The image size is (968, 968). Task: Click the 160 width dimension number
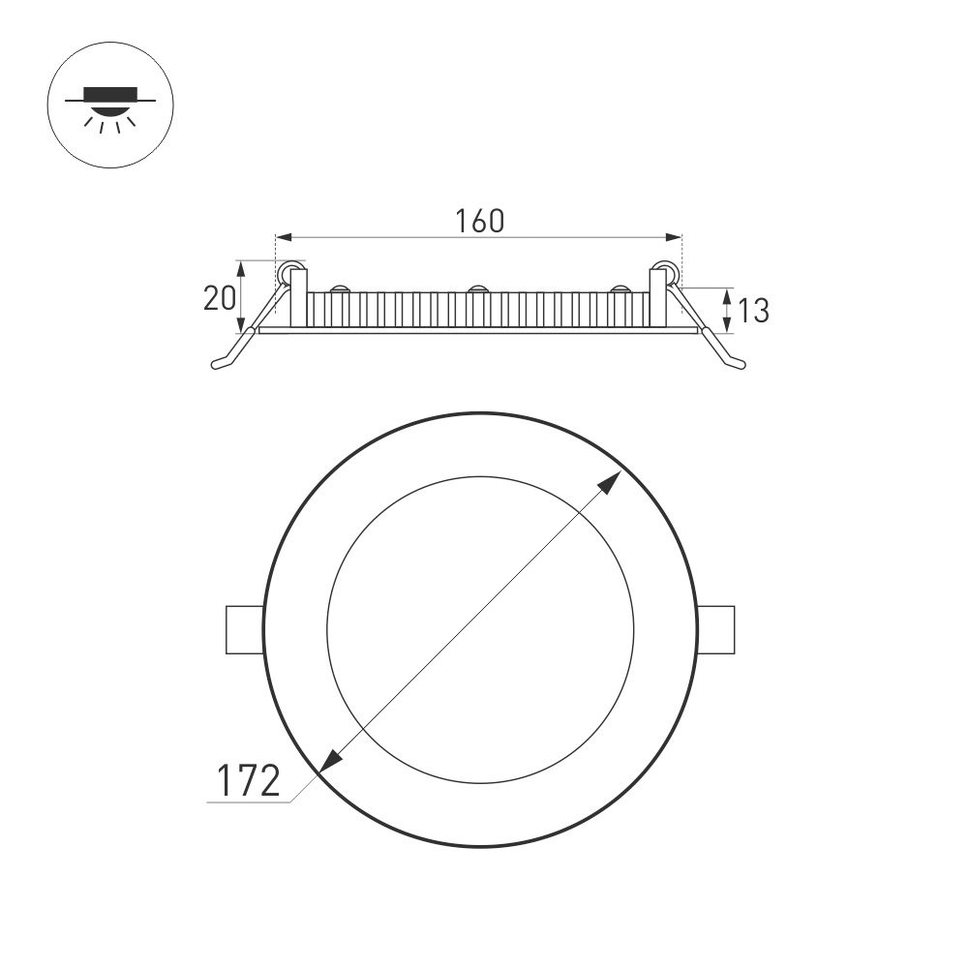(x=480, y=222)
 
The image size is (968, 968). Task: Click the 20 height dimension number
(x=219, y=298)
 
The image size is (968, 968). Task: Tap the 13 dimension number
(x=753, y=311)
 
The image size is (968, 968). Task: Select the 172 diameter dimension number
(x=247, y=780)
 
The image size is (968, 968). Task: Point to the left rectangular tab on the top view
(x=244, y=630)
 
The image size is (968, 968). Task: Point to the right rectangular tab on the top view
(x=715, y=630)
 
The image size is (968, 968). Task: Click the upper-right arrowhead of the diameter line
(x=612, y=481)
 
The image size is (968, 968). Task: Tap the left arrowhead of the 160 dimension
(x=283, y=236)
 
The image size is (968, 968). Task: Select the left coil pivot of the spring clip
(x=287, y=273)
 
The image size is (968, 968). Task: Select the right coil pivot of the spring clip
(x=665, y=273)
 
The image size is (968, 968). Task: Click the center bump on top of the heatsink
(x=477, y=288)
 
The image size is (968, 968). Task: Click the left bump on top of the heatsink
(x=340, y=288)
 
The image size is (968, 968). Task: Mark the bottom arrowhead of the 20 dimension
(x=242, y=325)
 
